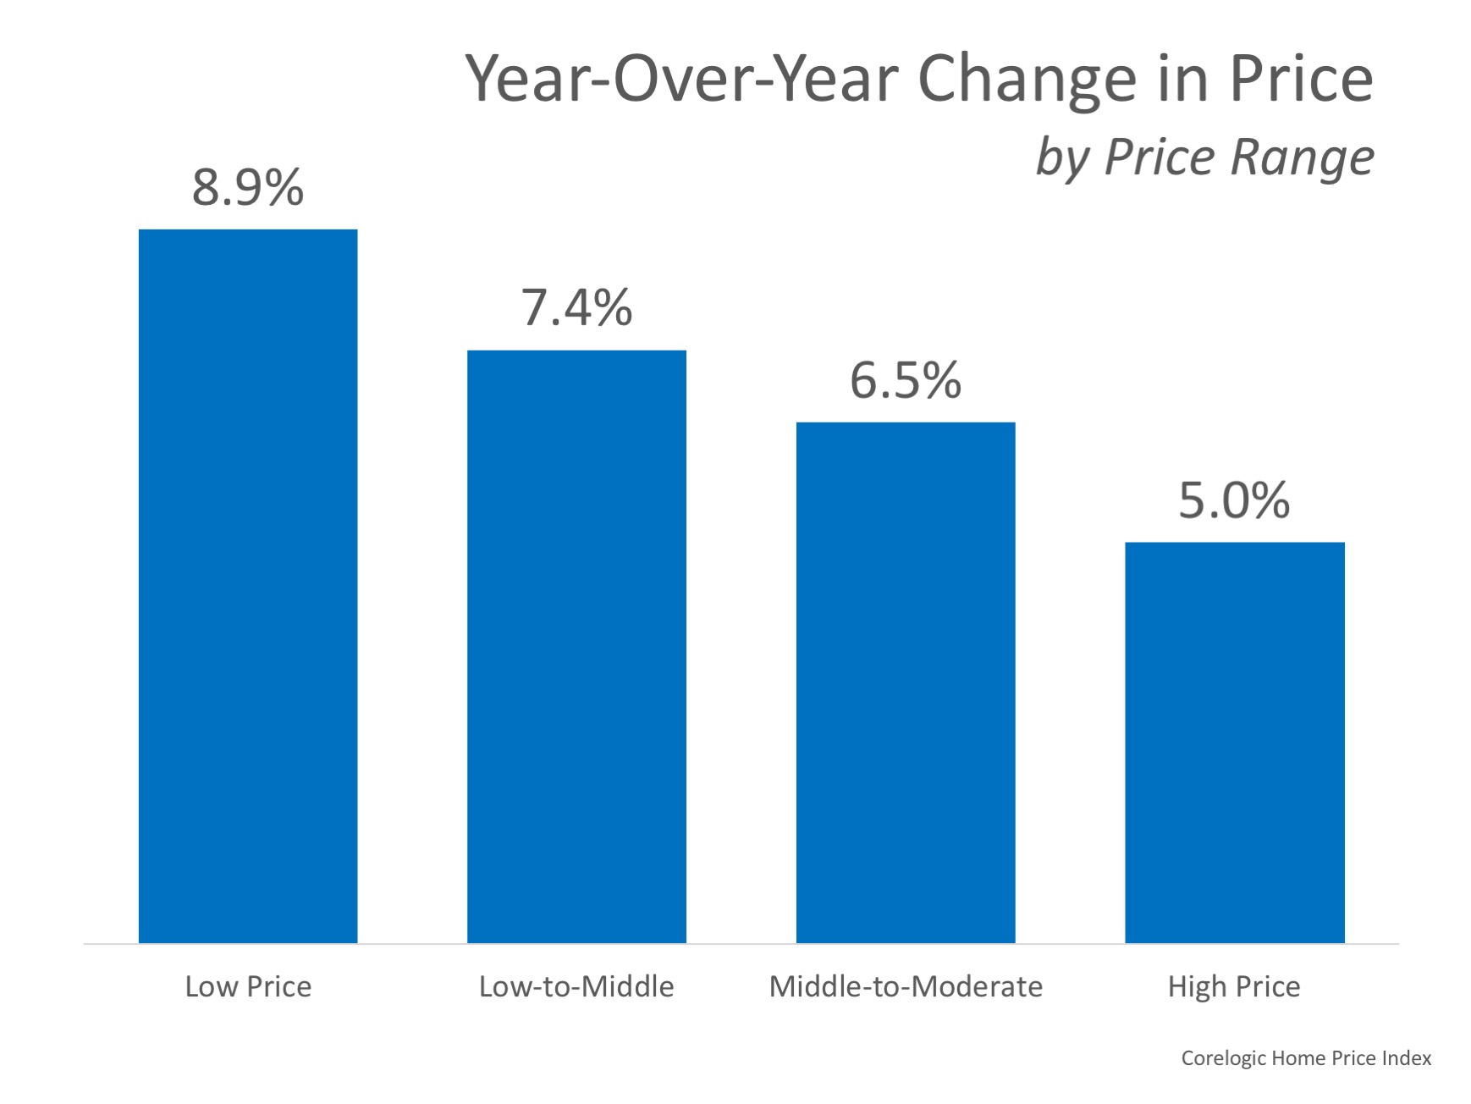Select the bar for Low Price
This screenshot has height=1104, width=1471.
point(248,586)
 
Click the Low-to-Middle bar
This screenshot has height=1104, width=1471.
point(576,646)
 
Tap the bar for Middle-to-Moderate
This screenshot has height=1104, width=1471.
point(906,682)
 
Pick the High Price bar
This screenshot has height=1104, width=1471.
point(1234,742)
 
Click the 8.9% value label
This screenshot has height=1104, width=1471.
point(247,187)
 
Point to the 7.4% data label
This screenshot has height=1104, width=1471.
point(576,307)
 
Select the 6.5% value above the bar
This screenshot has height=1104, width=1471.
point(906,380)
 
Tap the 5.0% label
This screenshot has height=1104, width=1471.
point(1234,500)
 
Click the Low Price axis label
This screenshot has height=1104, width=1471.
point(248,986)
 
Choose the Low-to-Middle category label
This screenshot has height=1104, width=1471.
point(576,986)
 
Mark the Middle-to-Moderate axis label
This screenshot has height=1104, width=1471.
point(906,986)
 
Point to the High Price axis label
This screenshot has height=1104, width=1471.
point(1234,986)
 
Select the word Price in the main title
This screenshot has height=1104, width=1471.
point(1301,79)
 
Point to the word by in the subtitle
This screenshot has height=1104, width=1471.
point(1062,158)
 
